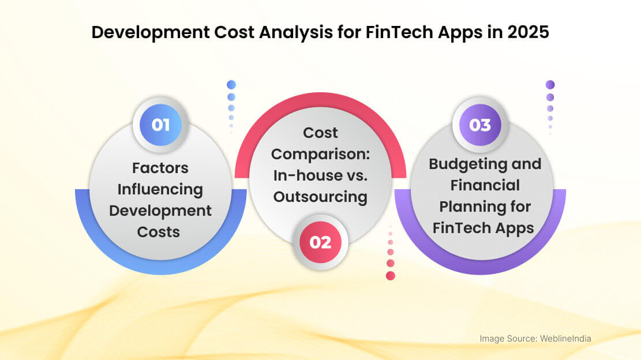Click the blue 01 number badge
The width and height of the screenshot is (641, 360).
(x=160, y=125)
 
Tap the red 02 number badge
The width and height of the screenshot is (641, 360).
(x=321, y=242)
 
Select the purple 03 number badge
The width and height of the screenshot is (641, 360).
(x=481, y=125)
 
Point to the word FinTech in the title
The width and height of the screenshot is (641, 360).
(x=399, y=32)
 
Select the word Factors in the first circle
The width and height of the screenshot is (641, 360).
(x=160, y=168)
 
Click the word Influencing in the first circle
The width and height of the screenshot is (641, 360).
(x=160, y=190)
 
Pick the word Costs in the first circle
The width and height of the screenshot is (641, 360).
(x=159, y=232)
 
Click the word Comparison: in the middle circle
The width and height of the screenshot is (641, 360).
(x=321, y=155)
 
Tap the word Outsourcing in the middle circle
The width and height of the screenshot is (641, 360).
(x=321, y=197)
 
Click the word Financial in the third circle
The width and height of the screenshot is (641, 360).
(x=485, y=186)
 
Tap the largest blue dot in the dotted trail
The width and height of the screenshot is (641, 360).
(x=231, y=85)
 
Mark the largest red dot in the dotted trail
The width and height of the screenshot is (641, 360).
(x=391, y=276)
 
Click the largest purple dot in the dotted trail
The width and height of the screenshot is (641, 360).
(x=550, y=85)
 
